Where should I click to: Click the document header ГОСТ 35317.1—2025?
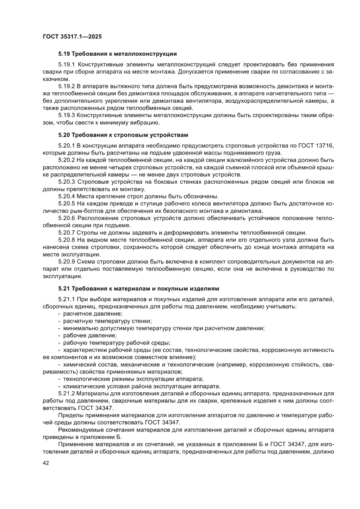click(72, 37)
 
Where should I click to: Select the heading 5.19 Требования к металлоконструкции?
click(118, 54)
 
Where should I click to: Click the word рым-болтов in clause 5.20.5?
click(58, 211)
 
